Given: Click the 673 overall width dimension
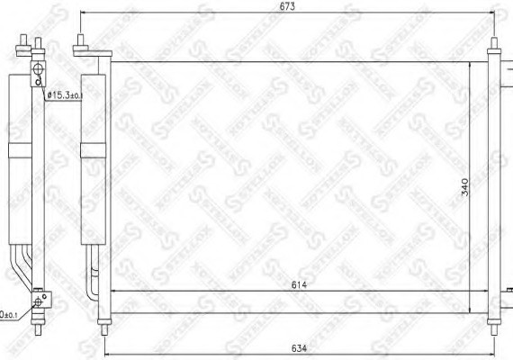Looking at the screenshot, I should click(x=287, y=7).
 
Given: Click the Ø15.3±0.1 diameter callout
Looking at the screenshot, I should click(x=64, y=94).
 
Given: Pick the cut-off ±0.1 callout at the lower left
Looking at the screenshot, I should click(x=8, y=314).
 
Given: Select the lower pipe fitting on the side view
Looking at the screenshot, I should click(x=38, y=301).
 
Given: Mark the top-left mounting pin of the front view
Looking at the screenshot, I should click(x=81, y=41).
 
